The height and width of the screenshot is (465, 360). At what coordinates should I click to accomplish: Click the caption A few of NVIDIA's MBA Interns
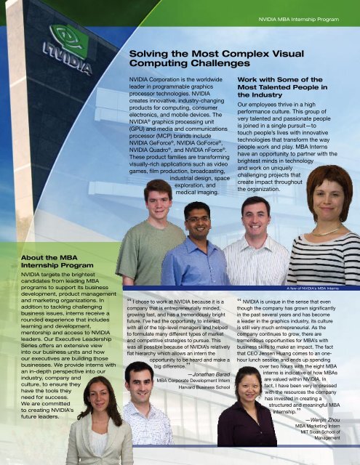tap(318, 288)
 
